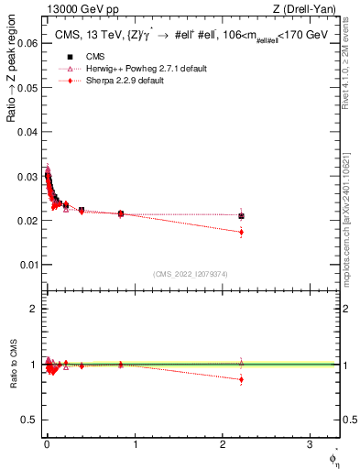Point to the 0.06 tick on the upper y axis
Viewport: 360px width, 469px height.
click(29, 42)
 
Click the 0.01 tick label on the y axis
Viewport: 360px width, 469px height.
click(29, 265)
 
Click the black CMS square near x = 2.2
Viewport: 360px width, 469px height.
click(241, 215)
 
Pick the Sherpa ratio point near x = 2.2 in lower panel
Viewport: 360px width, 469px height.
click(241, 379)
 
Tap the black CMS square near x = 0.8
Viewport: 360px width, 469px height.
click(121, 213)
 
